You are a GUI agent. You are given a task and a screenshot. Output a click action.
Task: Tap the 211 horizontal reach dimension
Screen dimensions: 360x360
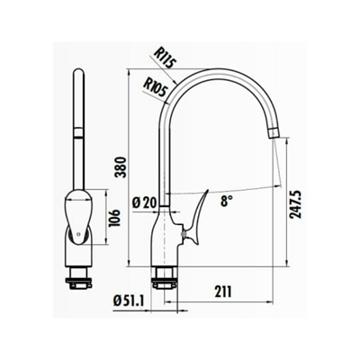(x=222, y=290)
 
